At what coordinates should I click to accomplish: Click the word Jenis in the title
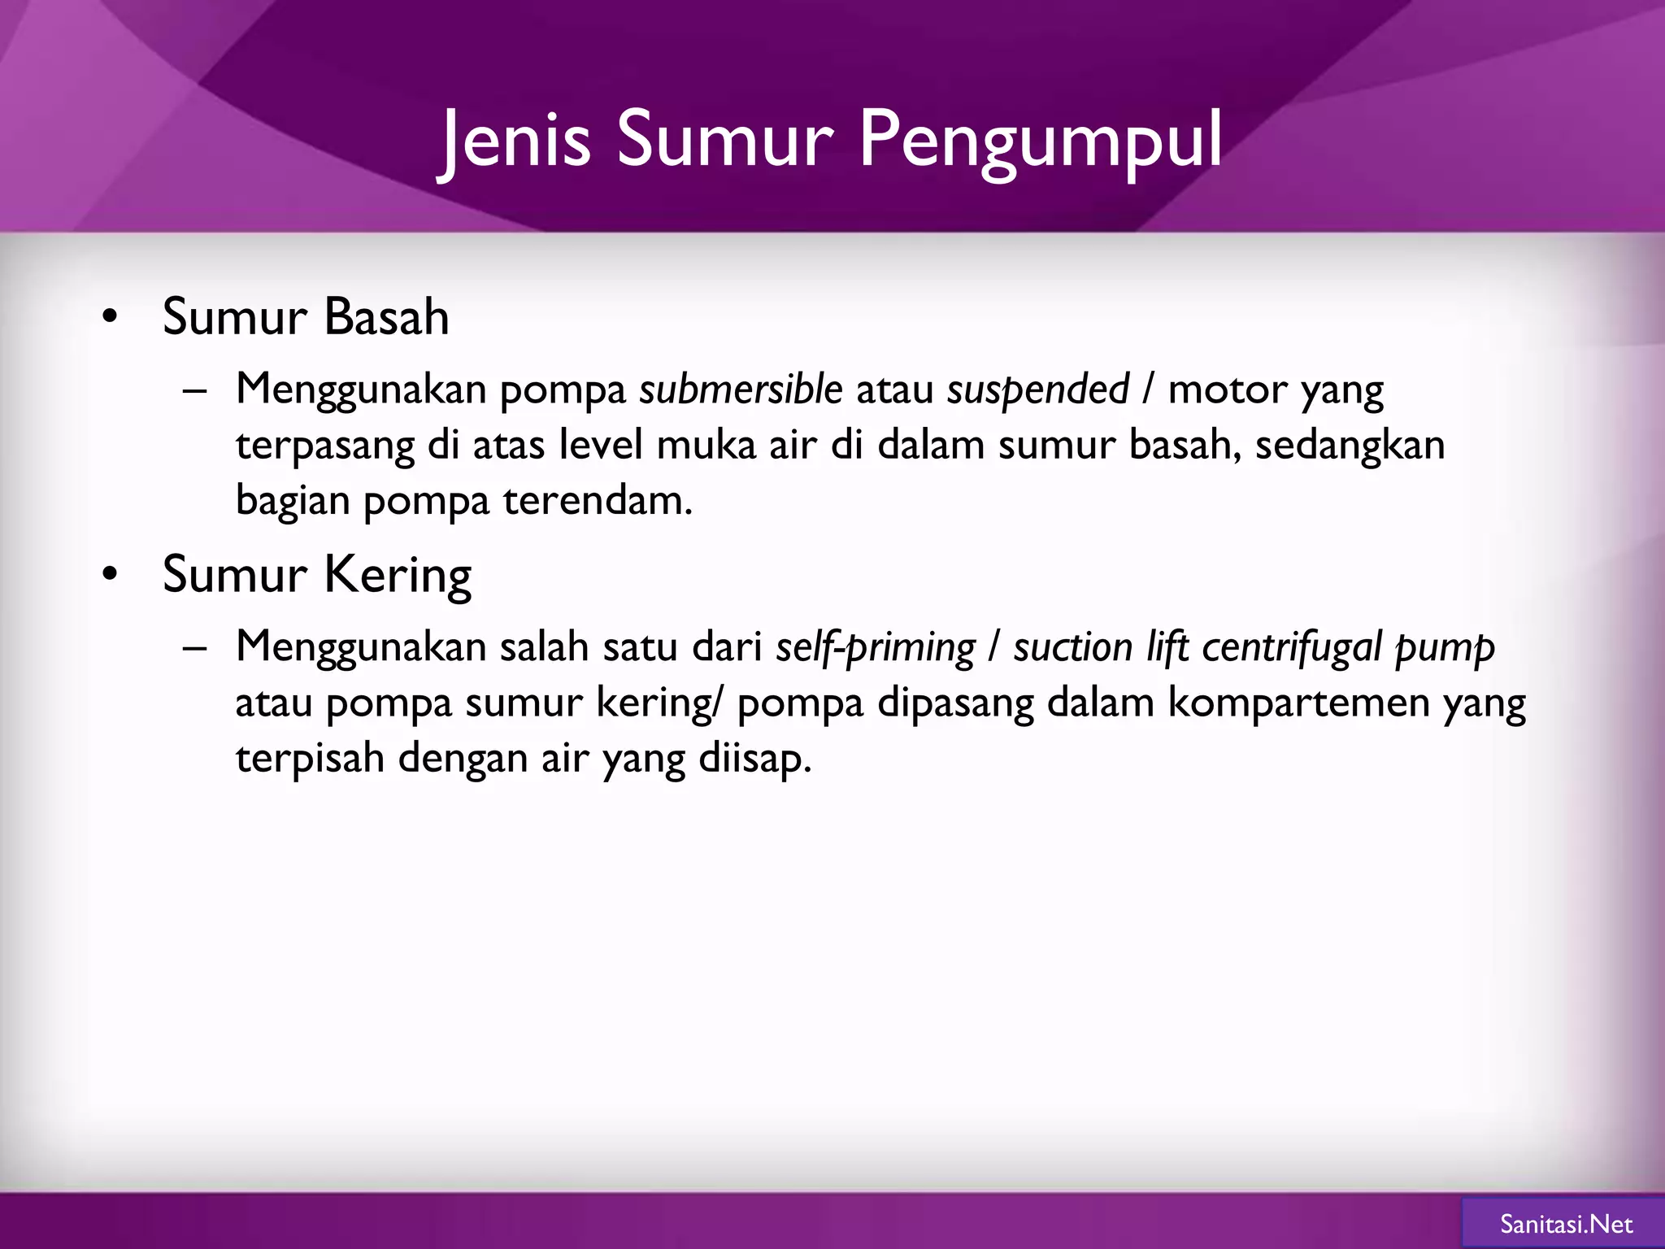[515, 140]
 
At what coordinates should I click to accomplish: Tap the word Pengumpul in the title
[1040, 140]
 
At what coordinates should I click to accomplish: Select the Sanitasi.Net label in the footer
[1566, 1225]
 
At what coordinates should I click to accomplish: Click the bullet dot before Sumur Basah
[111, 317]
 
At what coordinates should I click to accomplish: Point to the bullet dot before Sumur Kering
[111, 575]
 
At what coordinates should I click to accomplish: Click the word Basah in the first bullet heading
[386, 316]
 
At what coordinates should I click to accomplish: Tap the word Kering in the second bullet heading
[398, 575]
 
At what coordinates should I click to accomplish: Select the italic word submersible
[740, 389]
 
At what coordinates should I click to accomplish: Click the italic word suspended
[1037, 389]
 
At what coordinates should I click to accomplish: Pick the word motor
[1227, 389]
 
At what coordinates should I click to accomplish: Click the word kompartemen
[1298, 703]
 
